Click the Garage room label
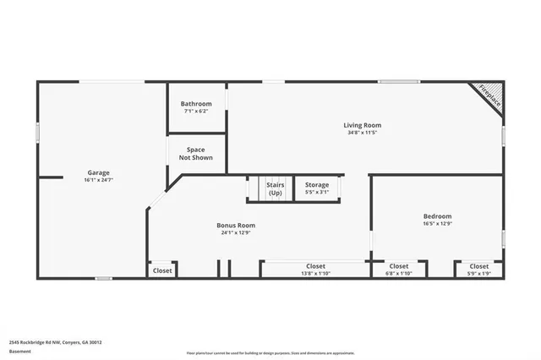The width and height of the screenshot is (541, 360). pyautogui.click(x=98, y=172)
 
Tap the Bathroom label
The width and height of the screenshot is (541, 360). pyautogui.click(x=195, y=104)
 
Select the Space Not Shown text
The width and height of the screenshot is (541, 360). pyautogui.click(x=195, y=153)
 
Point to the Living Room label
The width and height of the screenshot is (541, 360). pyautogui.click(x=361, y=125)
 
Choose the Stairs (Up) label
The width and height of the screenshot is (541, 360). pyautogui.click(x=275, y=188)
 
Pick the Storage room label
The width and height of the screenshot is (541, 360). pyautogui.click(x=317, y=184)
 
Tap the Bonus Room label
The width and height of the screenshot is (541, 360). pyautogui.click(x=236, y=225)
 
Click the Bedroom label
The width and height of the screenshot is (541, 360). pyautogui.click(x=437, y=216)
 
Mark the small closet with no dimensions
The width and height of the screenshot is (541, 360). pyautogui.click(x=162, y=270)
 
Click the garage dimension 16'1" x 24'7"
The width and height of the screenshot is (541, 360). pyautogui.click(x=98, y=180)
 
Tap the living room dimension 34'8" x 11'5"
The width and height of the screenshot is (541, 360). pyautogui.click(x=361, y=133)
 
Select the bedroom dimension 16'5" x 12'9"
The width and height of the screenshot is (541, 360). pyautogui.click(x=437, y=224)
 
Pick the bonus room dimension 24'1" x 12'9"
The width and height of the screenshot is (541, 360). pyautogui.click(x=236, y=232)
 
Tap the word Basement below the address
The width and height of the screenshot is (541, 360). pyautogui.click(x=19, y=352)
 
